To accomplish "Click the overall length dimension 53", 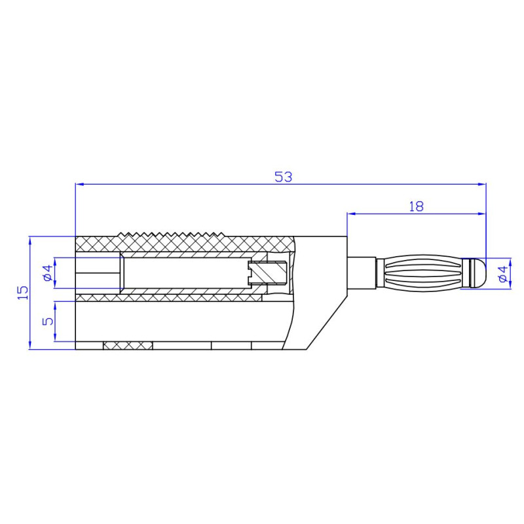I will click(282, 177).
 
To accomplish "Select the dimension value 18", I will click(416, 206).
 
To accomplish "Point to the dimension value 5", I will click(47, 321).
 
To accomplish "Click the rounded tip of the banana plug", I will click(479, 272).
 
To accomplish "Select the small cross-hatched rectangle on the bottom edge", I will click(128, 345).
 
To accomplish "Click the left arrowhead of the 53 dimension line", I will click(79, 185).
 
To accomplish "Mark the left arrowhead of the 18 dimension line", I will click(350, 214).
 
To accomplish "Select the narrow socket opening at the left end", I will click(98, 273).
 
